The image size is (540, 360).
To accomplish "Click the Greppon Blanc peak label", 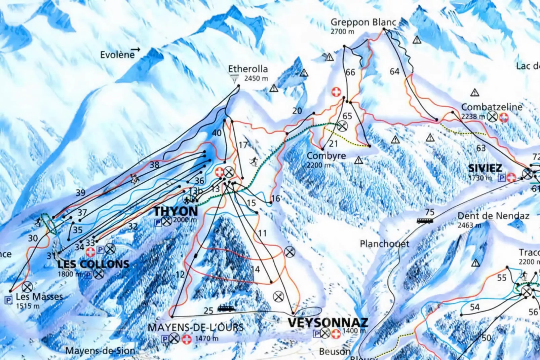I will (363, 23).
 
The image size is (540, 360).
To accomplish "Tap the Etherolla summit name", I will (248, 69).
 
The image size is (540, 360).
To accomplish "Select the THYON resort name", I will (176, 211).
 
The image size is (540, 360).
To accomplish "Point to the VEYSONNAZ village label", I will (327, 322).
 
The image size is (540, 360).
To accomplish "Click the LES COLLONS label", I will (93, 264).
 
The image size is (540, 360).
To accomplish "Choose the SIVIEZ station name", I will (485, 168).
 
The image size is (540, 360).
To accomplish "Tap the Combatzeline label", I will (492, 107).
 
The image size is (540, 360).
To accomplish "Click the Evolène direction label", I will (117, 55).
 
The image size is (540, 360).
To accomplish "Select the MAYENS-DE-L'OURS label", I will (196, 327).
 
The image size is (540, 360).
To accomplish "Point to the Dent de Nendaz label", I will (493, 216).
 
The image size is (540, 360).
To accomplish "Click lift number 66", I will (350, 72).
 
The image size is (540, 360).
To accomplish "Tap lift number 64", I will (394, 71).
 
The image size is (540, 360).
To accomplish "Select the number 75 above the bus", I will (429, 212).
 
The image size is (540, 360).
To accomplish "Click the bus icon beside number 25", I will (226, 308).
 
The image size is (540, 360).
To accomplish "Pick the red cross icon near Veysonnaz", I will (336, 334).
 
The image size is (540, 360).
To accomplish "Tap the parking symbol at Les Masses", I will (8, 300).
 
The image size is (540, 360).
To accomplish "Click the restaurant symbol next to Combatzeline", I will (493, 117).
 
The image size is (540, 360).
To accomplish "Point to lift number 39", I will (80, 193).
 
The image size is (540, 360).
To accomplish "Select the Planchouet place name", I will (384, 244).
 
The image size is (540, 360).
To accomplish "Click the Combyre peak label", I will (326, 156).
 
